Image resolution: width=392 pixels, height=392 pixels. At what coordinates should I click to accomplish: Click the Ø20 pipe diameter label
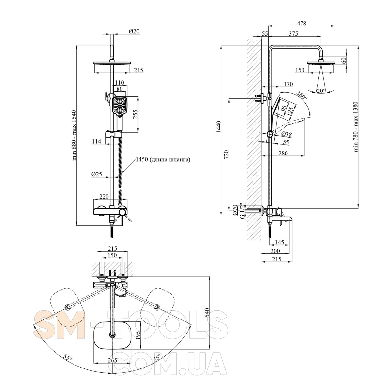coord(134,31)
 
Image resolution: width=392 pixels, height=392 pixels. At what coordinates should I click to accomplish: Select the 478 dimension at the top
coord(301,23)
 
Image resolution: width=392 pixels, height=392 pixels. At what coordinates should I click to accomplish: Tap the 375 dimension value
coord(293,34)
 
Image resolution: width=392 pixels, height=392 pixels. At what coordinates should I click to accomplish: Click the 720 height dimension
coord(227,154)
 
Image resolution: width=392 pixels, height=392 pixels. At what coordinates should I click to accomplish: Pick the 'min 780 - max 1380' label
coord(356,126)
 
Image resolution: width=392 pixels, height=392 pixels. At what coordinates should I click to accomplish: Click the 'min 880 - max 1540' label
coord(74,135)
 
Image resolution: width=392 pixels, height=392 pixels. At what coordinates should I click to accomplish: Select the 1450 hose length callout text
coord(163,160)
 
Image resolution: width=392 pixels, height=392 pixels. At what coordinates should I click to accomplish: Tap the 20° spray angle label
coord(321,91)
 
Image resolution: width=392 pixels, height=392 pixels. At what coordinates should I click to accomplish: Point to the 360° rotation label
coord(302,95)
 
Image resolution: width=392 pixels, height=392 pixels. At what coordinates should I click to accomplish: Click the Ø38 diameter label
coord(286,134)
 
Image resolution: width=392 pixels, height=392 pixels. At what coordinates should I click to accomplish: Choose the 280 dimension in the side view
coord(283,153)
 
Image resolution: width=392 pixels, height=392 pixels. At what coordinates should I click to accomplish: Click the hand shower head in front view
coord(120,107)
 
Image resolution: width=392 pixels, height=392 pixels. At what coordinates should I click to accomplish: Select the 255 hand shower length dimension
coord(136,114)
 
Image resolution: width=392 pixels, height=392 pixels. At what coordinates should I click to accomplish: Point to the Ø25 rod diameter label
coord(97,174)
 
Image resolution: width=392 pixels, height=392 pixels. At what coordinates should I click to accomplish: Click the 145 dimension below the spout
coord(279,242)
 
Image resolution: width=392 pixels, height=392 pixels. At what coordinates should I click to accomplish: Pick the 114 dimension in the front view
coord(96,141)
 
